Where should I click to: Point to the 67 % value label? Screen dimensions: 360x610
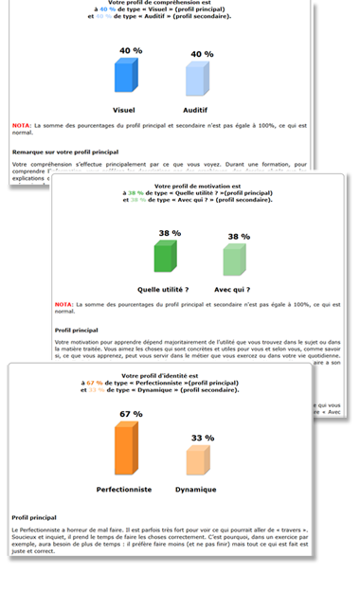click(130, 414)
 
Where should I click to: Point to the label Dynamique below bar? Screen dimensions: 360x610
click(196, 490)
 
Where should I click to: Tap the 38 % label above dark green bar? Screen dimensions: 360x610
click(170, 232)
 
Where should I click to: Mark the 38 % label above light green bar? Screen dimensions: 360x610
click(239, 237)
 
